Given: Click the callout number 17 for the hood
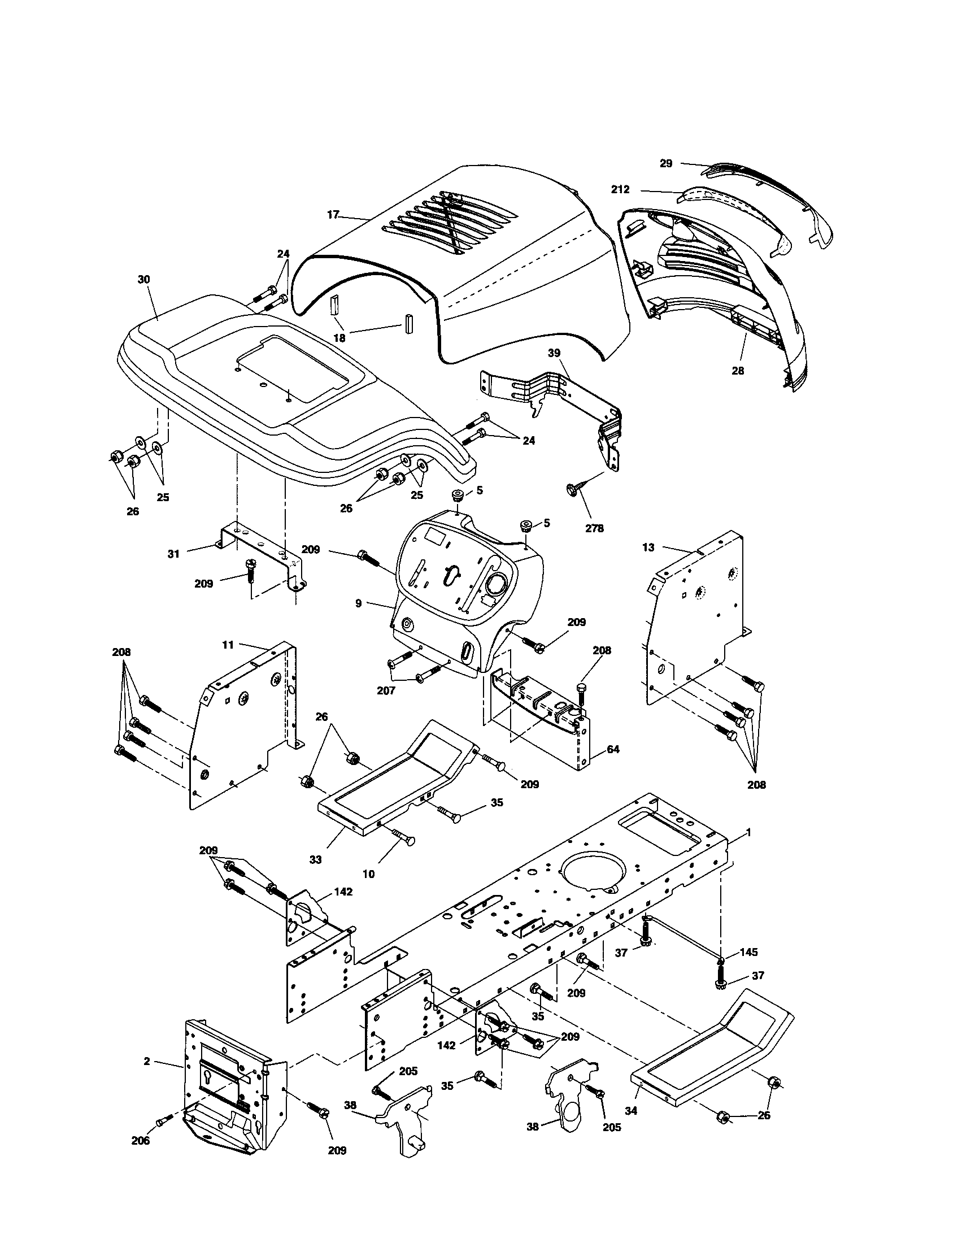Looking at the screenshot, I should (333, 215).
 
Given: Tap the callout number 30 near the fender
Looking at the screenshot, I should (144, 280).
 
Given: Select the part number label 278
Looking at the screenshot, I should (594, 528).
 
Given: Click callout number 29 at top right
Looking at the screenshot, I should (666, 163).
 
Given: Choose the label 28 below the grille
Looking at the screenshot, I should (737, 371).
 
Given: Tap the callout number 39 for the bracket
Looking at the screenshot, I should (554, 354).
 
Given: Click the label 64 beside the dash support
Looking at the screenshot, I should (613, 750).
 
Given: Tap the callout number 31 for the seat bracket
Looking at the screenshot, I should (173, 553).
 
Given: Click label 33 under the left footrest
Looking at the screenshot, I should (315, 859).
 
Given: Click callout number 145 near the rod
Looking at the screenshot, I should (748, 951).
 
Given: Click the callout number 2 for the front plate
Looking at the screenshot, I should (147, 1062).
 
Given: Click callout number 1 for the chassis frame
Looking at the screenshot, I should (748, 832).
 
